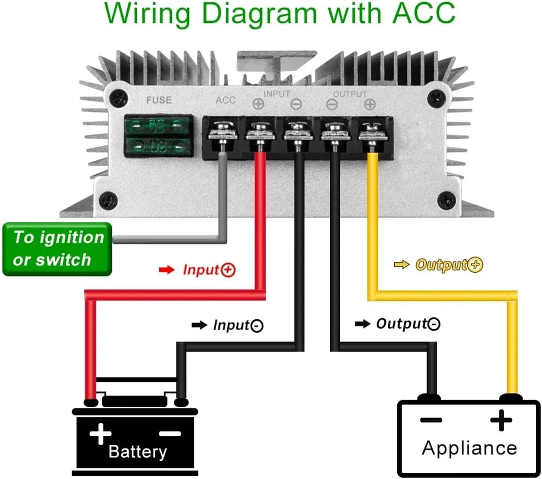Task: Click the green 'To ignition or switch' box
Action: click(x=57, y=249)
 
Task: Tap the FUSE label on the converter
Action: click(x=159, y=100)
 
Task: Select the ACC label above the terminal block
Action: click(x=226, y=100)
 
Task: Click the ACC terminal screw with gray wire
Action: click(x=222, y=130)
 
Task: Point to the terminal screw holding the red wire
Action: click(x=260, y=131)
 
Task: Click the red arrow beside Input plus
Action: click(x=166, y=270)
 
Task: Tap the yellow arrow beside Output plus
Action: click(x=401, y=264)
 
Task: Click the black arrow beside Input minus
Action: click(x=199, y=325)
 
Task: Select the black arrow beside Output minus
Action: click(x=362, y=324)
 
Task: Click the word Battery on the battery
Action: click(x=138, y=452)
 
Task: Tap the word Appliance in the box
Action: click(x=469, y=448)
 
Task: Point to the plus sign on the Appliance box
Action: click(x=501, y=420)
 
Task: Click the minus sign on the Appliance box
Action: click(x=431, y=420)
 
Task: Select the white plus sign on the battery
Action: click(x=100, y=433)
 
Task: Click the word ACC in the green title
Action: click(x=423, y=13)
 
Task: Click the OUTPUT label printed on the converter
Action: click(x=350, y=94)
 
